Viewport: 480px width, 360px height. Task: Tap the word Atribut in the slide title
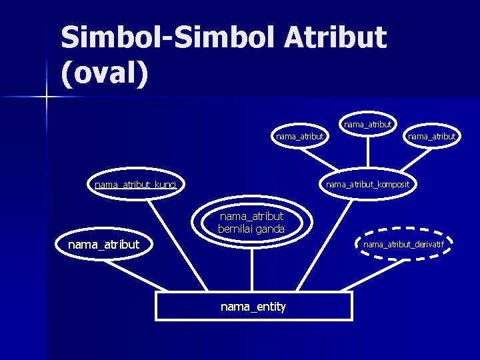335,37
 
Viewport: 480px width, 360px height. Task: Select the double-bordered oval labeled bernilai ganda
251,223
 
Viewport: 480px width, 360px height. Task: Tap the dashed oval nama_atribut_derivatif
403,245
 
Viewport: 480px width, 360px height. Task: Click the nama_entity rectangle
253,307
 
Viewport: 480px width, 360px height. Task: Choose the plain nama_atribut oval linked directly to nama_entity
103,245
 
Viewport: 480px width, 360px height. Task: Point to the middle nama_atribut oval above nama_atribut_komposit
367,124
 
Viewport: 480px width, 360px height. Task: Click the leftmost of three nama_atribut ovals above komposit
299,137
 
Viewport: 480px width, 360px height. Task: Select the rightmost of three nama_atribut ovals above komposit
431,137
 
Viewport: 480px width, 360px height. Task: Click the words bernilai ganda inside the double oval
251,229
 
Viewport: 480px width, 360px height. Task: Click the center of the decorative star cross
47,97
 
